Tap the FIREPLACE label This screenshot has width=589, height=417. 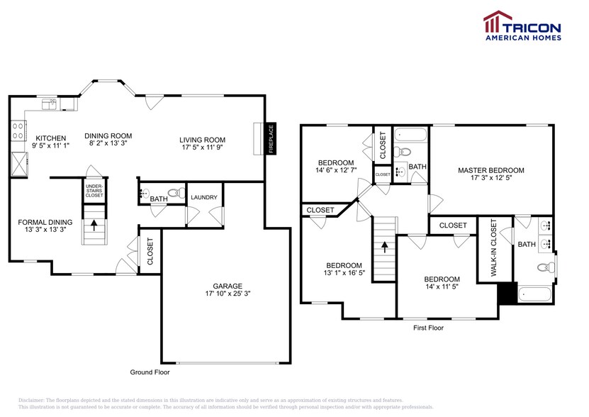[x=270, y=139]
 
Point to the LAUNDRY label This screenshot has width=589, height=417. [x=204, y=197]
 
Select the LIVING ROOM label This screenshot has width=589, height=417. [x=202, y=140]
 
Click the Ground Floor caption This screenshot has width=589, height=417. [x=150, y=372]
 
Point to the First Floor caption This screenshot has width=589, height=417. [x=428, y=328]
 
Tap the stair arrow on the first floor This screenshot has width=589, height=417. [x=384, y=248]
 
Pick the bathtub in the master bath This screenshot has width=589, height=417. [x=537, y=294]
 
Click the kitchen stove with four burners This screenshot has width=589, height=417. [x=16, y=130]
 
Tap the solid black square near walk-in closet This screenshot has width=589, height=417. [x=506, y=293]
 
